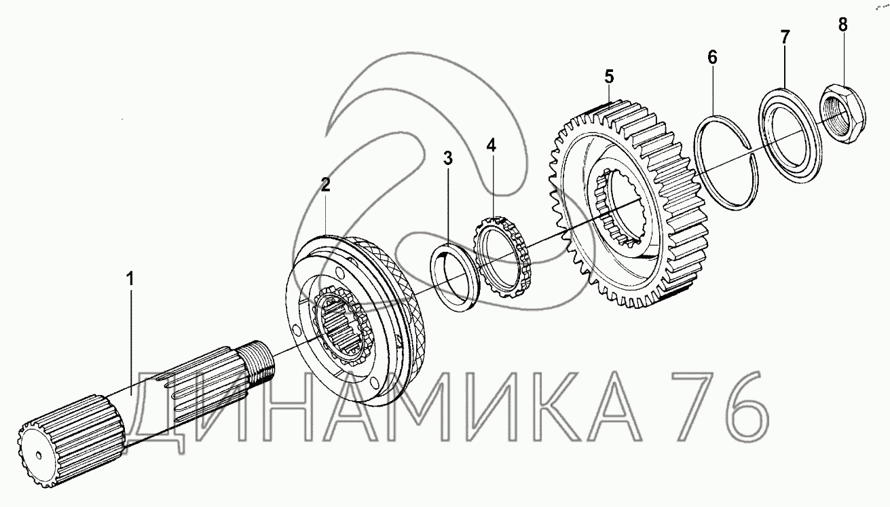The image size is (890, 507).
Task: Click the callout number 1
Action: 130,280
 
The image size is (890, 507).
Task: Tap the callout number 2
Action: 325,185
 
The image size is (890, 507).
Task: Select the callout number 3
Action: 448,159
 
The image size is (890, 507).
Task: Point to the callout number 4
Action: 492,145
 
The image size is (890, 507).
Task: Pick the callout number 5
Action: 609,76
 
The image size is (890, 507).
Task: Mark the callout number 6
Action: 712,58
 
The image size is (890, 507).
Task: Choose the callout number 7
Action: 785,37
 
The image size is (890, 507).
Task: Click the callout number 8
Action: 842,24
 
